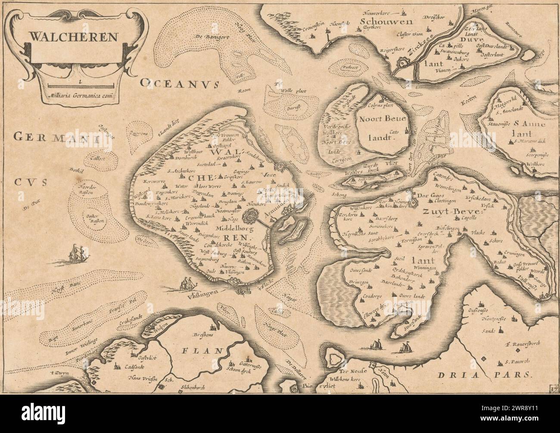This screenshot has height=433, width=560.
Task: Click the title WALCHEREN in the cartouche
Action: click(73, 36)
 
